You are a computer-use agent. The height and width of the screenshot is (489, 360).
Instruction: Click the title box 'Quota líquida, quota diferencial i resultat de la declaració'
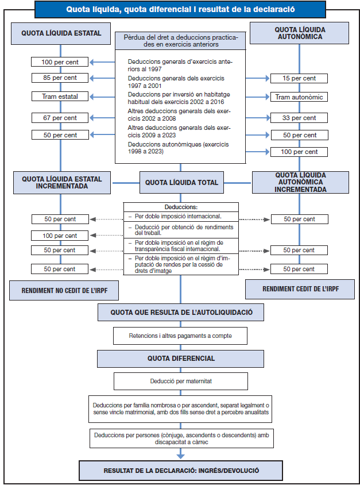pos(180,9)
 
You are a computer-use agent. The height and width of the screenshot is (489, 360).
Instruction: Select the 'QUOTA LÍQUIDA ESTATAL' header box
pos(61,33)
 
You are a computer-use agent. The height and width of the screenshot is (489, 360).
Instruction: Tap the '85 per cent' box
pos(60,78)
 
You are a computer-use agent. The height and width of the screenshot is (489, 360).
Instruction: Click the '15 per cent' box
pos(299,78)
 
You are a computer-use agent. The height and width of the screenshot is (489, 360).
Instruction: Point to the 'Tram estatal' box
pos(60,97)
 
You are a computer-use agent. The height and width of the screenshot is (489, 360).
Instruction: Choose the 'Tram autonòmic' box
pos(299,97)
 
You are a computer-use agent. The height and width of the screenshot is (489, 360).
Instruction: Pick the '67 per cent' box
pos(60,118)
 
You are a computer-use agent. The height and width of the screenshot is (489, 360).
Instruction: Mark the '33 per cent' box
pos(299,118)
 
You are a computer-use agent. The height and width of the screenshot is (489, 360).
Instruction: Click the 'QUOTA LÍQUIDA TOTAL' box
pos(181,182)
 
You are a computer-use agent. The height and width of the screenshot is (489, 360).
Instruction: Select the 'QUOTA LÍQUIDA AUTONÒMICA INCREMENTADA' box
pos(300,182)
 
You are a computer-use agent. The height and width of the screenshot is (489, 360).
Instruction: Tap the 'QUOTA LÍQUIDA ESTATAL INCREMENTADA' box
pos(61,182)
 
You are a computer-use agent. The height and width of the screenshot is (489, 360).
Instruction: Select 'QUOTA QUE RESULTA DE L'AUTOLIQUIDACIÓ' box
pos(181,313)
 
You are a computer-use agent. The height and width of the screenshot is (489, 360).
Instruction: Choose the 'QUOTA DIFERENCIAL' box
pos(181,358)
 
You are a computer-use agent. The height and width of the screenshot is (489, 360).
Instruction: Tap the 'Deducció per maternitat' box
pos(181,380)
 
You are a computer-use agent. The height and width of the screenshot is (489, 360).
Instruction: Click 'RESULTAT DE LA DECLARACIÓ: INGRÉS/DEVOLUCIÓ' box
pos(181,470)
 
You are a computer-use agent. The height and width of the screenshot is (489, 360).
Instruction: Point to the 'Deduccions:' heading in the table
pos(181,207)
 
